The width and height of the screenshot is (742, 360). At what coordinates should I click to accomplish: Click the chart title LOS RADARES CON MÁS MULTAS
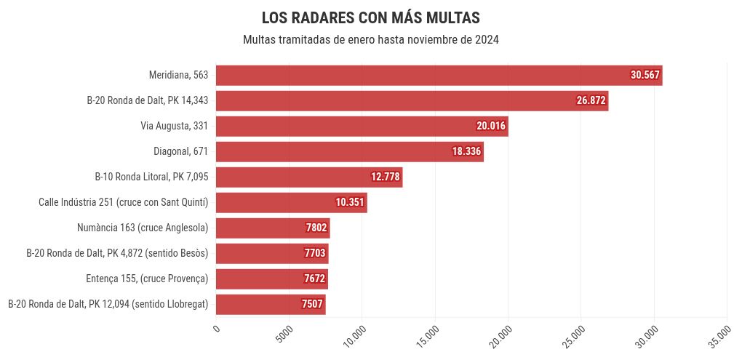click(x=370, y=17)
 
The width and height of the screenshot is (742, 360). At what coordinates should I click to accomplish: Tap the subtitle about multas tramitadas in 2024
click(x=370, y=39)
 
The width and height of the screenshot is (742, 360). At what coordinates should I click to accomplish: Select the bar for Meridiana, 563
click(x=422, y=75)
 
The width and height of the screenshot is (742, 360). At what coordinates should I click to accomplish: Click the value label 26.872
click(x=591, y=100)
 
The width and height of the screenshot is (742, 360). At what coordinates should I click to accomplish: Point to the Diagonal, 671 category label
click(x=180, y=151)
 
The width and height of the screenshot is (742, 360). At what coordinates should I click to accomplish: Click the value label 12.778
click(x=386, y=177)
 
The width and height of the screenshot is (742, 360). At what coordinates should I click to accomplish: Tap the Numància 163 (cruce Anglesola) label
click(x=143, y=228)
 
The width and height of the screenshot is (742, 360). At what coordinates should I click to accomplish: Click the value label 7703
click(x=315, y=253)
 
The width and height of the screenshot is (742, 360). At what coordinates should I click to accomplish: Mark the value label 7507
click(x=312, y=304)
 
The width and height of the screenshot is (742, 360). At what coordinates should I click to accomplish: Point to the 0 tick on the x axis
click(x=216, y=329)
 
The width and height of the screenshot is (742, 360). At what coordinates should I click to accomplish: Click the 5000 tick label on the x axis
click(x=285, y=332)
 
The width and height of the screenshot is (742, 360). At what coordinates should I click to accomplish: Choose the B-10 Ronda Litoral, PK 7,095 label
click(x=151, y=177)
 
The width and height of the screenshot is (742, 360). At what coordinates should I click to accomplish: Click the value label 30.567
click(x=645, y=75)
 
